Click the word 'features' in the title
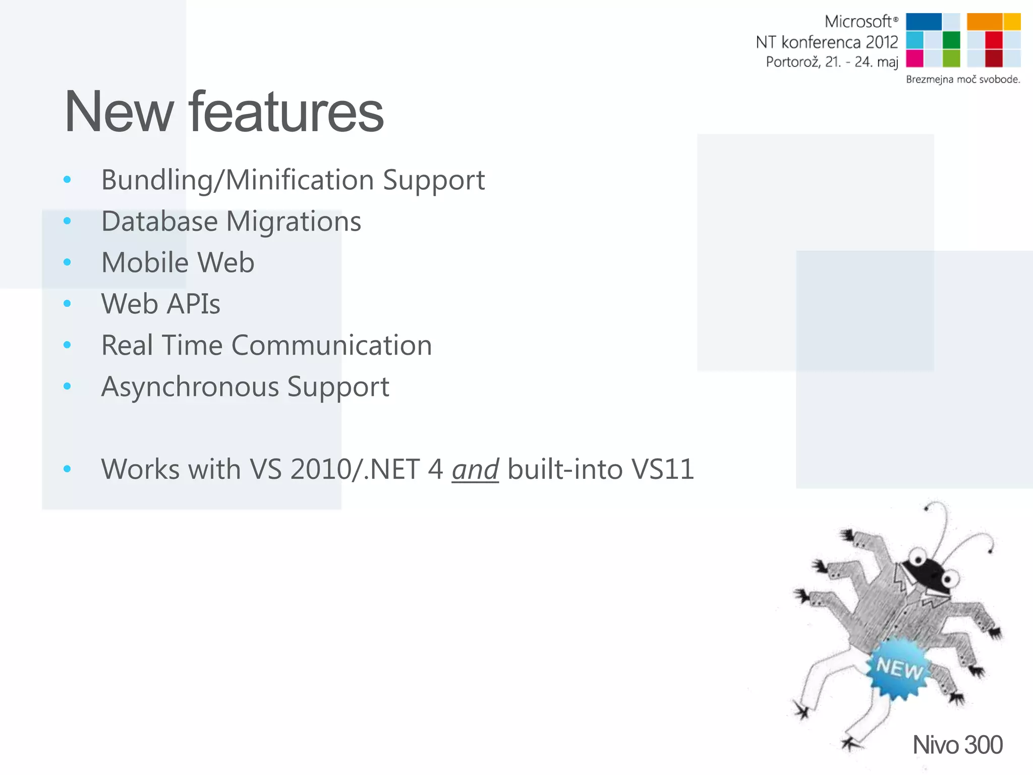pyautogui.click(x=286, y=112)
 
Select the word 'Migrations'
pyautogui.click(x=294, y=222)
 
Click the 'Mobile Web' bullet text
pyautogui.click(x=178, y=262)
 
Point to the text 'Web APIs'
pyautogui.click(x=160, y=304)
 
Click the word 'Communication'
pyautogui.click(x=331, y=346)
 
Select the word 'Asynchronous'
pyautogui.click(x=189, y=387)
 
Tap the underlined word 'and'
pyautogui.click(x=475, y=470)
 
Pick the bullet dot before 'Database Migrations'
pyautogui.click(x=67, y=221)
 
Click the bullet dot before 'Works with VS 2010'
pyautogui.click(x=67, y=469)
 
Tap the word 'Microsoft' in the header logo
pyautogui.click(x=858, y=22)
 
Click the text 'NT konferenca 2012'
pyautogui.click(x=827, y=42)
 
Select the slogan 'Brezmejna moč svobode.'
pyautogui.click(x=963, y=79)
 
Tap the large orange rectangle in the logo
pyautogui.click(x=984, y=22)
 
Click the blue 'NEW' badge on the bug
pyautogui.click(x=899, y=668)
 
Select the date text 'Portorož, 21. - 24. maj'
pyautogui.click(x=832, y=62)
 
